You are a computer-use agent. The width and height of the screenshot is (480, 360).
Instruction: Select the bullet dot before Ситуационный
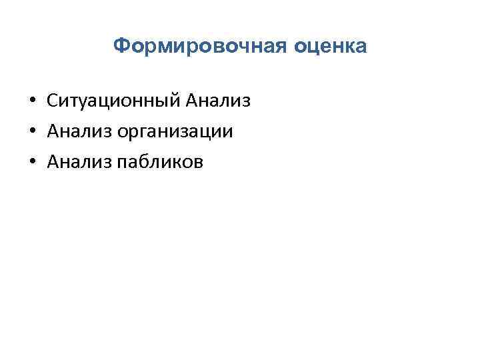[32, 102]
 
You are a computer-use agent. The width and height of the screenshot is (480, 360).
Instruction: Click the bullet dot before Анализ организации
[32, 132]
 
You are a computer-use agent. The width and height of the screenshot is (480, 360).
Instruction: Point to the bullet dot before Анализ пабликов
[32, 162]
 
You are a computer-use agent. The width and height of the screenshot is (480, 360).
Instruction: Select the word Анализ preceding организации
[80, 131]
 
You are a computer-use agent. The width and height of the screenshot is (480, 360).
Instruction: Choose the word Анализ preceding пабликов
[80, 161]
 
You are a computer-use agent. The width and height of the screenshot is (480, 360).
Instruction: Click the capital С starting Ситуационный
[53, 101]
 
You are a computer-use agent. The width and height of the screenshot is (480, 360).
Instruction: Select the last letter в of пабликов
[203, 162]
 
